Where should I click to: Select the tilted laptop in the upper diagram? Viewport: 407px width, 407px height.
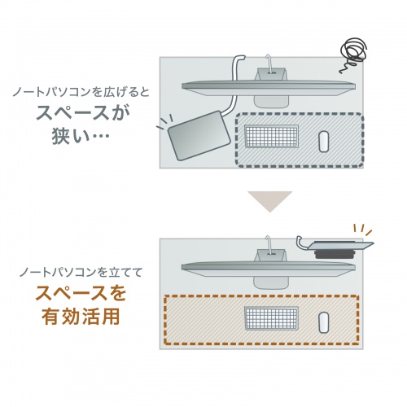click(x=198, y=134)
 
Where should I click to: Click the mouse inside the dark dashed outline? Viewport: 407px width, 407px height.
click(x=323, y=141)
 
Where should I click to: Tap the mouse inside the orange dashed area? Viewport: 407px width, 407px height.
click(x=323, y=320)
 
